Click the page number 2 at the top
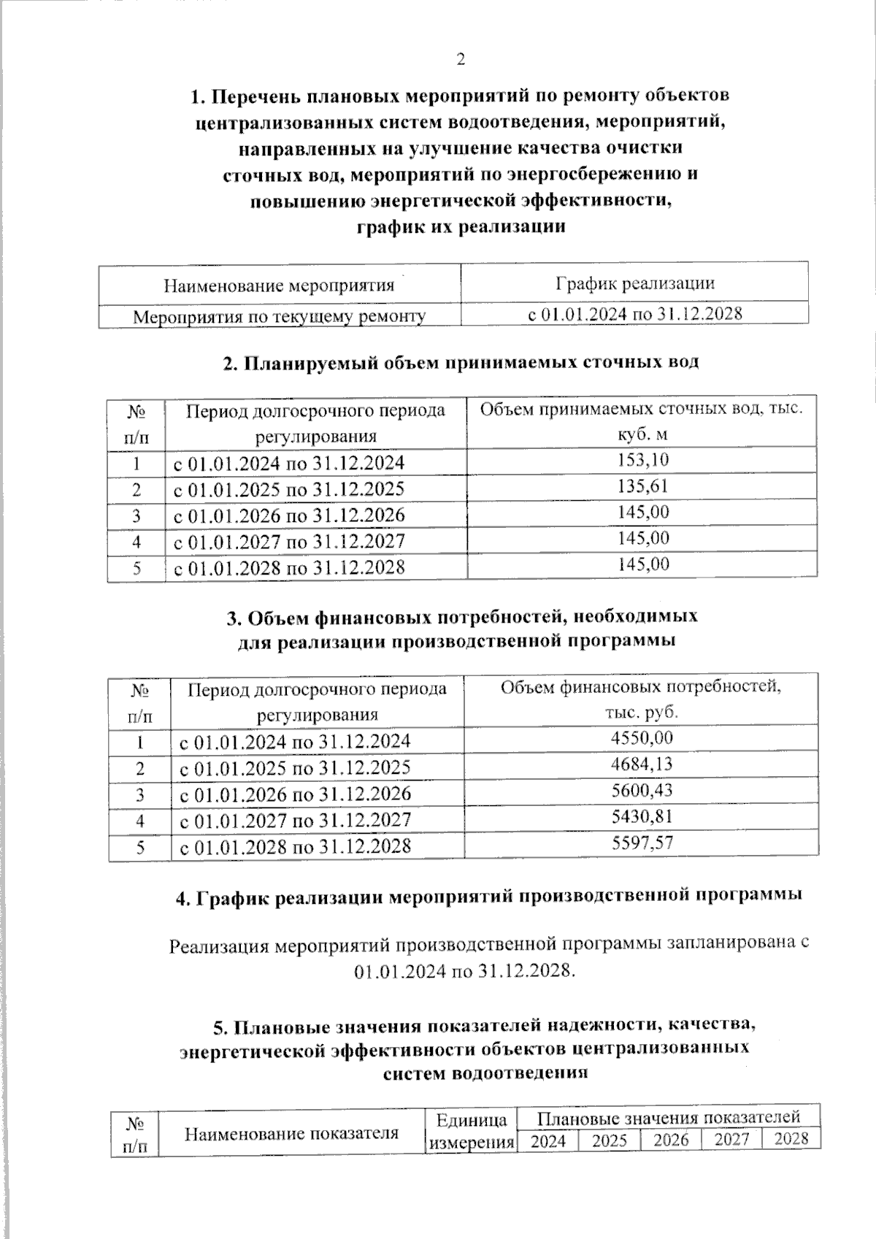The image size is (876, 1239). coord(460,60)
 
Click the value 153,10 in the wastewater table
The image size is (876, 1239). coord(642,459)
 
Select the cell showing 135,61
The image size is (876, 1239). coord(642,486)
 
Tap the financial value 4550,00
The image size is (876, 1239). coord(642,737)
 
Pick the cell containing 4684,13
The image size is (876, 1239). coord(642,764)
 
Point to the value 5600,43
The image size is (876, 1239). coord(642,790)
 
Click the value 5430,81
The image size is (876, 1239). coord(642,816)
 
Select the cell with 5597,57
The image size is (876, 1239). coord(642,843)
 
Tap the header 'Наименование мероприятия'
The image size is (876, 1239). coord(279,285)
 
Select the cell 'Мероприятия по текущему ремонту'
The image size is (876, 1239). coord(279,316)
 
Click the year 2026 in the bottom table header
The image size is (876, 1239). coord(671,1140)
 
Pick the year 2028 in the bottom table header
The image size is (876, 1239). coord(791,1139)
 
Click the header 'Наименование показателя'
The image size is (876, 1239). coord(291,1133)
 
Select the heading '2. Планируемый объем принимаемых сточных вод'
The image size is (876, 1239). coord(461,363)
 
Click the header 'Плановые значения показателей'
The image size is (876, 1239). coord(668,1117)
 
